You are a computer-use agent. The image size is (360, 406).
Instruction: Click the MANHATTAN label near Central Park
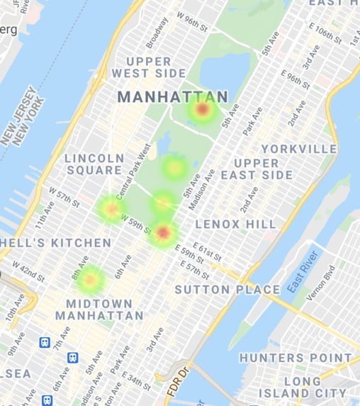(x=173, y=97)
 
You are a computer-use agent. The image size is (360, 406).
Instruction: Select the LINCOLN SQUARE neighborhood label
(x=94, y=164)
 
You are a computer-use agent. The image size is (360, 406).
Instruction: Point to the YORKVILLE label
(x=299, y=149)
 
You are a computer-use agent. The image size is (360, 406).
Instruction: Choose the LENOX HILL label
(x=236, y=224)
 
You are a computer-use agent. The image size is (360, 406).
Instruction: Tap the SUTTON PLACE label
(x=227, y=289)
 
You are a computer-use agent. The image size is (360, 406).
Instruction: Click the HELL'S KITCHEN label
(x=56, y=243)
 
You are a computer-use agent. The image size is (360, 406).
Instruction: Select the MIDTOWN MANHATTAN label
(x=105, y=309)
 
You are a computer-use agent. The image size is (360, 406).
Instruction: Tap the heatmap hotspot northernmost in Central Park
(x=203, y=110)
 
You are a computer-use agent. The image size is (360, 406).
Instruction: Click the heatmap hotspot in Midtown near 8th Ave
(x=90, y=279)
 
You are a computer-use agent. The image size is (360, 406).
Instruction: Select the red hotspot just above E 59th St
(x=164, y=232)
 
